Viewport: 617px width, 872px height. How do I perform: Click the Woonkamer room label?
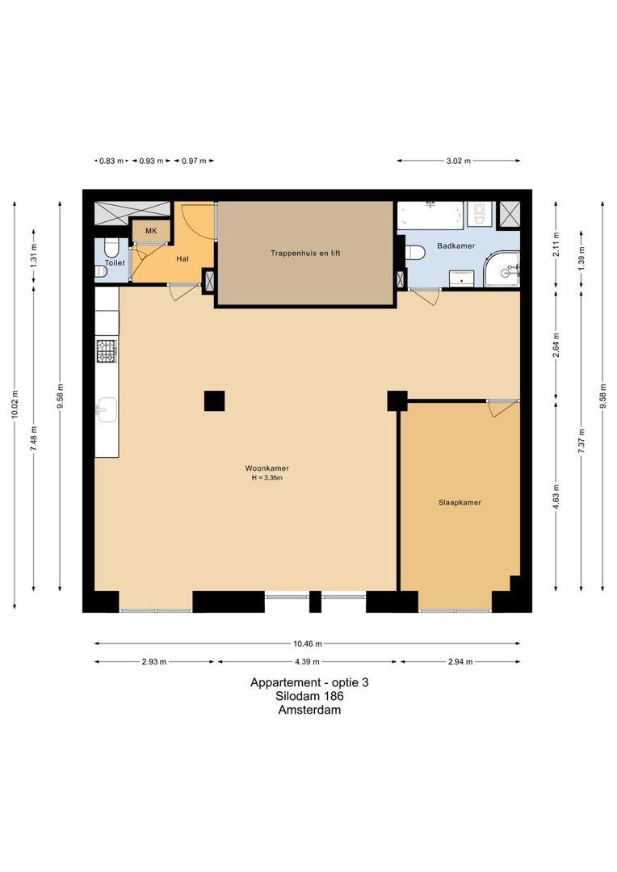coord(267,468)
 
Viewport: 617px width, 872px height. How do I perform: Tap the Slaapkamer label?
coord(460,502)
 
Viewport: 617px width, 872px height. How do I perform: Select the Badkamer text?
coord(455,245)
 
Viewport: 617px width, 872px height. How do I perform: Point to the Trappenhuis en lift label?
coord(305,253)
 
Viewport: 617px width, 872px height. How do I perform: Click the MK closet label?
coord(151,232)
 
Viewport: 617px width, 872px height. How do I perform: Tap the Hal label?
coord(183,259)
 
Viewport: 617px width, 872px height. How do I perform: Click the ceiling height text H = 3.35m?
coord(267,478)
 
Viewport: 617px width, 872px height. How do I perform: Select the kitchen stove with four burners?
coord(107,350)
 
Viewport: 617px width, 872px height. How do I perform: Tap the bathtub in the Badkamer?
coord(430,216)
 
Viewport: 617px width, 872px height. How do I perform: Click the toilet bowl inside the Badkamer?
coord(414,253)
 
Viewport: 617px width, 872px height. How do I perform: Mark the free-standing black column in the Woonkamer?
coord(214,400)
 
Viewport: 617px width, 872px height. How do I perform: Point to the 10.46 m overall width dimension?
coord(308,644)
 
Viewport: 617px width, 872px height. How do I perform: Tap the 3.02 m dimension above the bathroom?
coord(458,161)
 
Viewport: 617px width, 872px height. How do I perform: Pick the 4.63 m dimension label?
coord(556,494)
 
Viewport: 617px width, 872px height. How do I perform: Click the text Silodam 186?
coord(309,696)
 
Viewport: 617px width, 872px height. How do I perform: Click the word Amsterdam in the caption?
coord(309,711)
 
